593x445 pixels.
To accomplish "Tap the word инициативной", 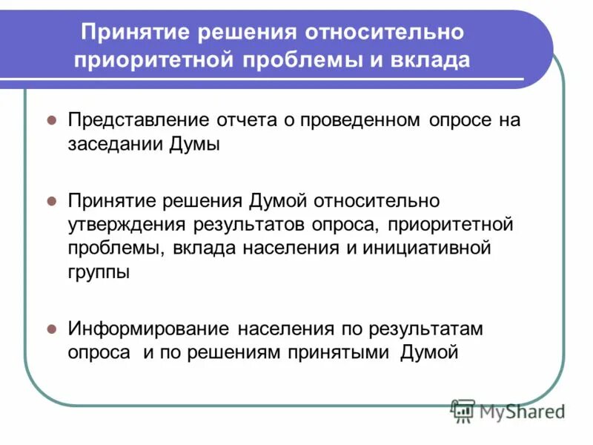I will (x=428, y=247).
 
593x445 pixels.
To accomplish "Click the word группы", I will (x=99, y=271).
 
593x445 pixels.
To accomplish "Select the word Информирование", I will (x=149, y=328).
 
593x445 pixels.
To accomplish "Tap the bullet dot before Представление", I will (x=52, y=120).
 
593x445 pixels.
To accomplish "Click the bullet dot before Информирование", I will (x=52, y=328).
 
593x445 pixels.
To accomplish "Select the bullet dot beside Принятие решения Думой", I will (x=52, y=200).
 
